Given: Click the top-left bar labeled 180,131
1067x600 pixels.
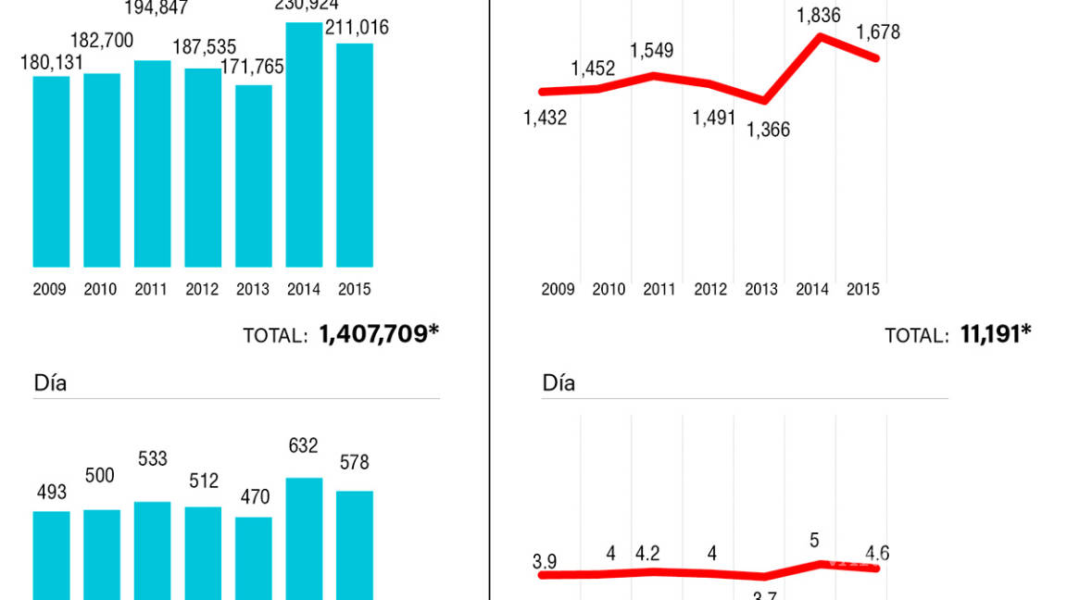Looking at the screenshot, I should pyautogui.click(x=51, y=171).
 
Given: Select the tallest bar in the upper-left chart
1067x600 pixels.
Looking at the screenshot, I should pyautogui.click(x=304, y=144).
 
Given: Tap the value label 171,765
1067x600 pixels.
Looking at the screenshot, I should pyautogui.click(x=253, y=67).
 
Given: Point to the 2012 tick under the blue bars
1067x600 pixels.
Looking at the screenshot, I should pyautogui.click(x=202, y=290).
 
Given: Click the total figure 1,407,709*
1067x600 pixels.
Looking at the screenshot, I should pyautogui.click(x=379, y=334).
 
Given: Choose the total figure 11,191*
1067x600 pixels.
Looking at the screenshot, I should pyautogui.click(x=996, y=334).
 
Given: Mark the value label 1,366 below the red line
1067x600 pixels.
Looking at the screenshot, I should pyautogui.click(x=768, y=131).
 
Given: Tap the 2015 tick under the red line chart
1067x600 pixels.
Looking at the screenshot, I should pyautogui.click(x=863, y=290).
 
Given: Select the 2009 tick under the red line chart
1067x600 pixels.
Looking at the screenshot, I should pyautogui.click(x=559, y=290).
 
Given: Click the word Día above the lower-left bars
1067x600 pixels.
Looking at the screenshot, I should pyautogui.click(x=50, y=382).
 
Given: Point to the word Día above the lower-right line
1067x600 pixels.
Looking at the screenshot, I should pyautogui.click(x=559, y=382).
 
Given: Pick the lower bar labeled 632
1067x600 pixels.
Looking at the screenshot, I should pyautogui.click(x=304, y=538).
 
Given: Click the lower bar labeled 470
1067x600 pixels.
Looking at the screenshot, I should pyautogui.click(x=253, y=557).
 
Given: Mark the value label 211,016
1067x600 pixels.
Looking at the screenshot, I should pyautogui.click(x=357, y=28).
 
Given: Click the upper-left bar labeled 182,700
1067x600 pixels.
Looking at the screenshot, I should pyautogui.click(x=102, y=170).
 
